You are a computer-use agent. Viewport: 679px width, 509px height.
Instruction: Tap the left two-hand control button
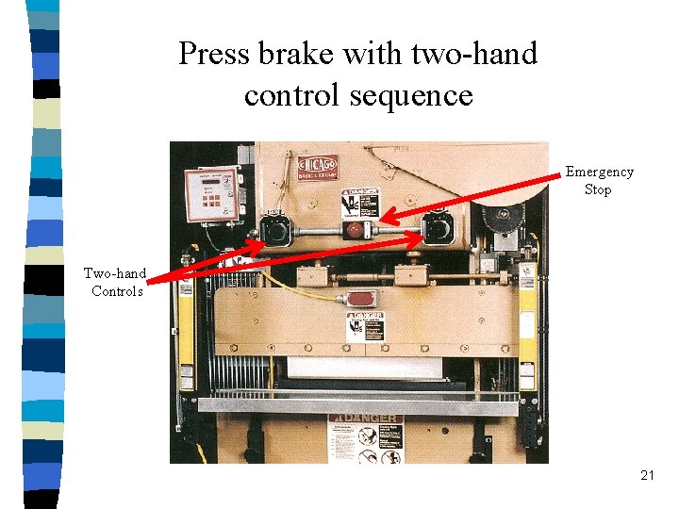276,229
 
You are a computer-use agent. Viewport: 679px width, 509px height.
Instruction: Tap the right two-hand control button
436,228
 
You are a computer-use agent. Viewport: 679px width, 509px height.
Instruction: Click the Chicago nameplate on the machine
318,169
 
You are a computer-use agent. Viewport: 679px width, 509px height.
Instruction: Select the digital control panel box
211,196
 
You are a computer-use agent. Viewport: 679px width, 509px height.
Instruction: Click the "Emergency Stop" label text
599,180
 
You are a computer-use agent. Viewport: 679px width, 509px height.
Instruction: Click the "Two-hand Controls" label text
115,282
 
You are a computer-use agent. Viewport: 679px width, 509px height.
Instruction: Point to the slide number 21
646,476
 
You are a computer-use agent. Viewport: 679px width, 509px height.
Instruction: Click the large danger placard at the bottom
365,437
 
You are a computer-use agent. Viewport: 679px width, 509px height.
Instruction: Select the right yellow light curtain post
528,320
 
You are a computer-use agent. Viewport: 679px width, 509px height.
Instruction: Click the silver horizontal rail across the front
358,406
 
